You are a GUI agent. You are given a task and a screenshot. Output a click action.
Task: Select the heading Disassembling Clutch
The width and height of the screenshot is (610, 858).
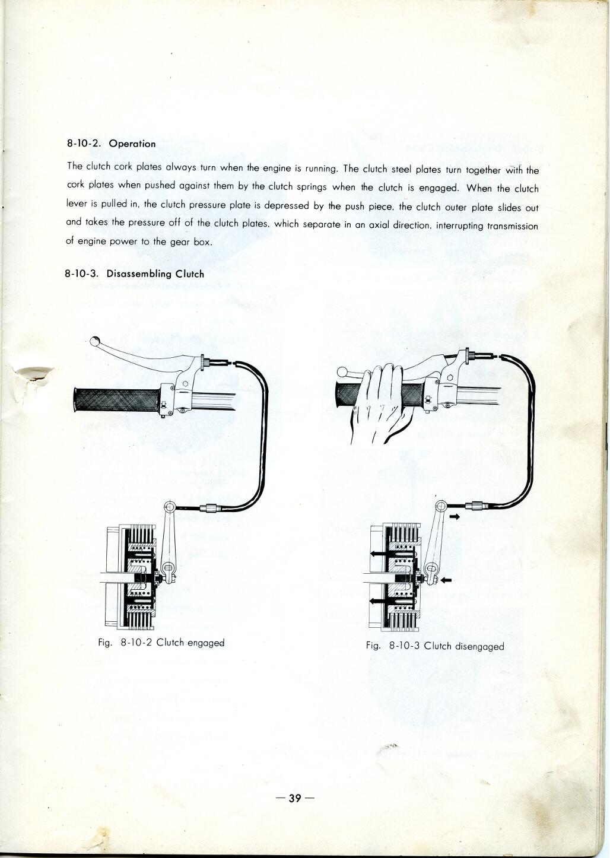(x=155, y=274)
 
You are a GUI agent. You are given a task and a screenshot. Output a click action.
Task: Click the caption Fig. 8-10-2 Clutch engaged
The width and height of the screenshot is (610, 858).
(x=161, y=643)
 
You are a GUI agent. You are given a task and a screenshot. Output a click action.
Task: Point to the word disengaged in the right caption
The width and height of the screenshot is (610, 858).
(x=479, y=646)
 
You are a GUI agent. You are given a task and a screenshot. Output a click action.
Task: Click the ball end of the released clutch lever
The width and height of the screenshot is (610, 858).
(x=95, y=341)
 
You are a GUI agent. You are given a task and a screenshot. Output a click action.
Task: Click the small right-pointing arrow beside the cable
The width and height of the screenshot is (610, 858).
(x=455, y=517)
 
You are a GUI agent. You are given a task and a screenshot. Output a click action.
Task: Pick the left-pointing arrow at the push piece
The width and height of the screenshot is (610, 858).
(x=446, y=579)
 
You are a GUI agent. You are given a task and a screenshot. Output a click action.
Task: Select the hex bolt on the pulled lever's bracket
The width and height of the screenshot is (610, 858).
(x=449, y=376)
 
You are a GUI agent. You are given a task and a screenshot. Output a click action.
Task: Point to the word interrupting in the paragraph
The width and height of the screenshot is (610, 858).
(x=460, y=225)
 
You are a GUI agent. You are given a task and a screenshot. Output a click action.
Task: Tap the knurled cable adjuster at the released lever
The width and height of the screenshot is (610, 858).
(x=204, y=361)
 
